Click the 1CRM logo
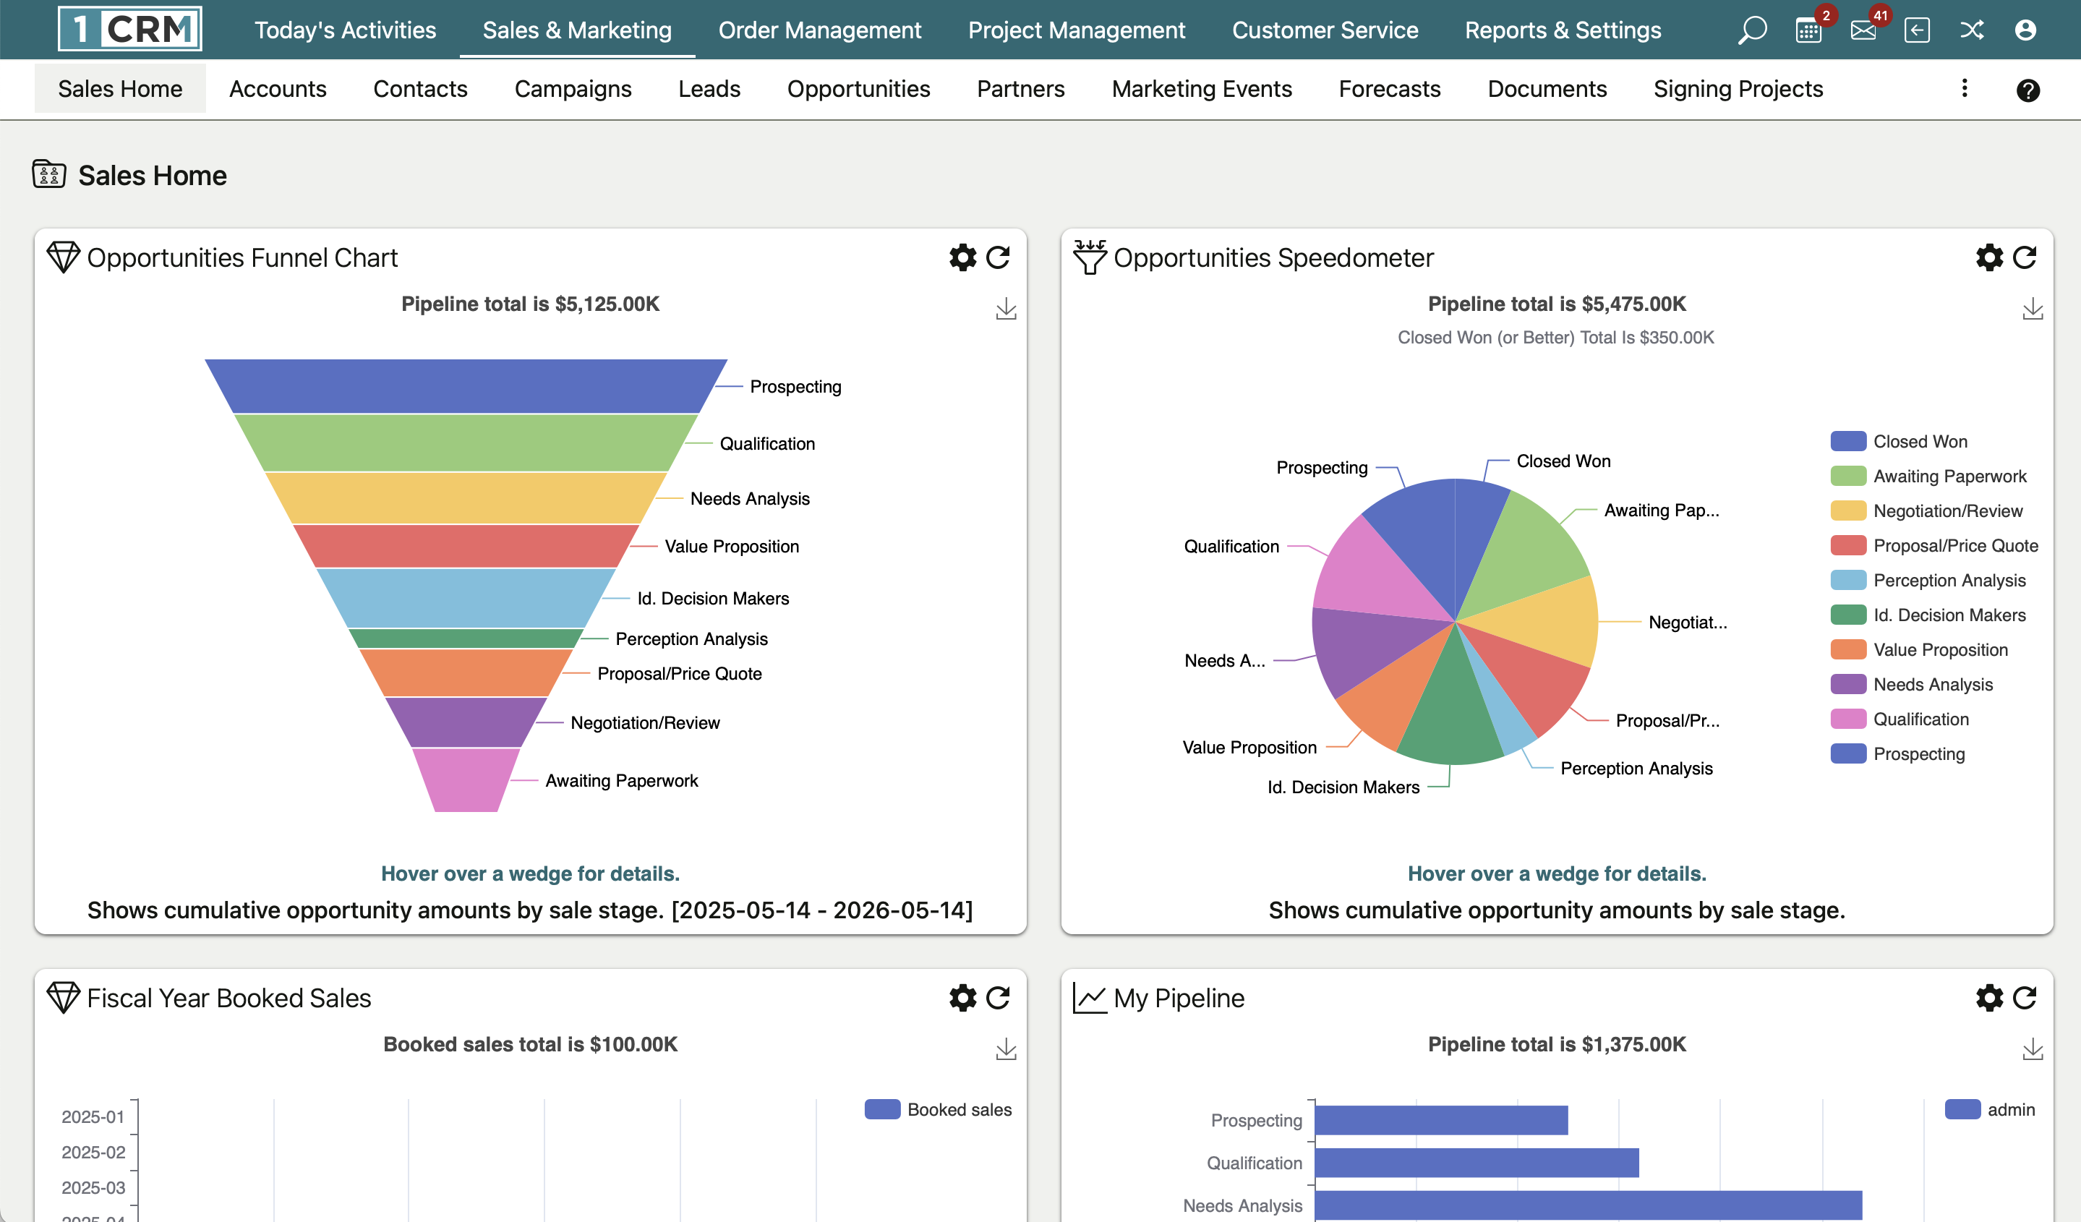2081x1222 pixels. tap(130, 29)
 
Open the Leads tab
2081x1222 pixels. tap(709, 88)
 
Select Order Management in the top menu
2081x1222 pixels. tap(819, 30)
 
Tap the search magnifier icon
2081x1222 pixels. tap(1751, 30)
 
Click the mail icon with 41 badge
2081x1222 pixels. tap(1863, 30)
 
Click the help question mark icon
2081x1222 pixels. tap(2027, 90)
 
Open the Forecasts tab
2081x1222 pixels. tap(1389, 88)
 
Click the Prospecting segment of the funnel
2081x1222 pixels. tap(465, 385)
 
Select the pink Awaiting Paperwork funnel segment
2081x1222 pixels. tap(465, 779)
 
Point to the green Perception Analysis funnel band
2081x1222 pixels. tap(465, 638)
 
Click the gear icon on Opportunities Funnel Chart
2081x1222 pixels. tap(962, 257)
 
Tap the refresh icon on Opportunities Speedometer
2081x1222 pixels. tap(2024, 257)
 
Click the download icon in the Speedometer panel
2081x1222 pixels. tap(2033, 309)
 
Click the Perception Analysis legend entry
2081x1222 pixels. tap(1948, 581)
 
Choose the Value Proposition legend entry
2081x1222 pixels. tap(1940, 650)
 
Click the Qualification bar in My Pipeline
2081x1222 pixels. tap(1476, 1163)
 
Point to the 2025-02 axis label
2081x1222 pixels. tap(93, 1152)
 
